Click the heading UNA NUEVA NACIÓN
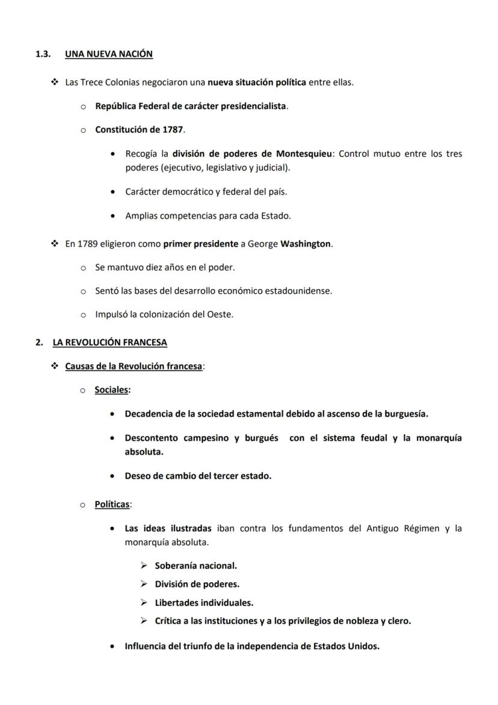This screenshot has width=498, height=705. click(108, 54)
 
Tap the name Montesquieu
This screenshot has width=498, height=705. click(304, 154)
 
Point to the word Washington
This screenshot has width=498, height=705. click(306, 244)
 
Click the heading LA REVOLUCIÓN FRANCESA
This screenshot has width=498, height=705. click(109, 343)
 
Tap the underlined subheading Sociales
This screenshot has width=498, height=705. click(111, 390)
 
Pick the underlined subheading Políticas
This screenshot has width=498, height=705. click(112, 504)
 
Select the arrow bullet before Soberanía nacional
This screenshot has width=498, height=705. click(144, 565)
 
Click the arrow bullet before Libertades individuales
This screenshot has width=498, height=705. click(144, 602)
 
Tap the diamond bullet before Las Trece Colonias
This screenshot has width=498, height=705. click(55, 82)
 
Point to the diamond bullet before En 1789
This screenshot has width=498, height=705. click(55, 244)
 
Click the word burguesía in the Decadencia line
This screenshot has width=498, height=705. click(405, 414)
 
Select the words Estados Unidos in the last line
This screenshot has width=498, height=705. click(349, 646)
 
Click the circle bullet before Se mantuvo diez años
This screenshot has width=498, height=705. click(83, 267)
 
